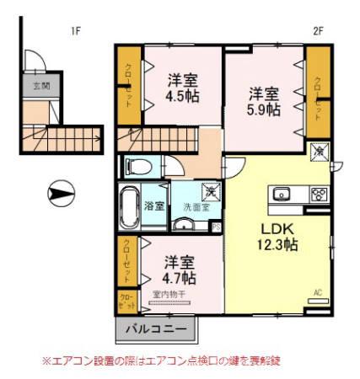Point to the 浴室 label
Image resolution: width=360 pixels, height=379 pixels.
pyautogui.click(x=153, y=206)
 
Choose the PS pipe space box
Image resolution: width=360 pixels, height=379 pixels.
pyautogui.click(x=216, y=226)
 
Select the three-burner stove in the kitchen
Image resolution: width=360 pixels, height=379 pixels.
pyautogui.click(x=318, y=195)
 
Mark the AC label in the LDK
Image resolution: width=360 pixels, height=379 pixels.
pyautogui.click(x=318, y=292)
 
